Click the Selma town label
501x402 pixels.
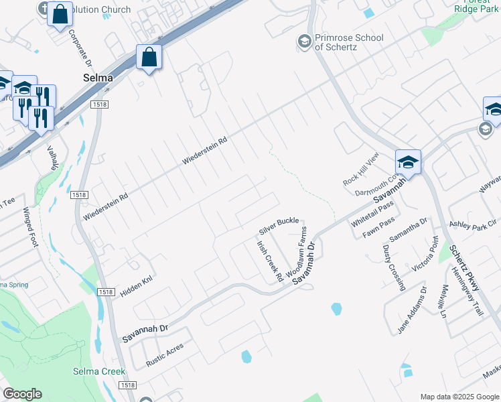(97, 78)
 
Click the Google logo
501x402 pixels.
(22, 393)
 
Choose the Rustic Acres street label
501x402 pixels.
(165, 356)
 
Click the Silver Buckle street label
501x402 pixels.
(279, 226)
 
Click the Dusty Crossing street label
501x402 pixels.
(394, 267)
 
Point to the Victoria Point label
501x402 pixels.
(425, 255)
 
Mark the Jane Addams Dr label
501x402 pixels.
(412, 311)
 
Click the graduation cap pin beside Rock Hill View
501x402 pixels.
(408, 162)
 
